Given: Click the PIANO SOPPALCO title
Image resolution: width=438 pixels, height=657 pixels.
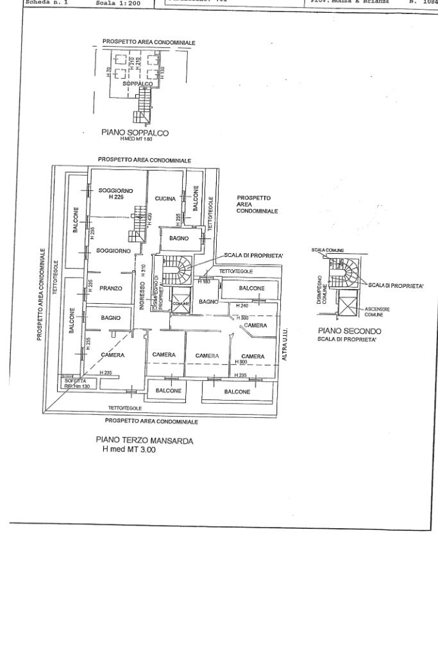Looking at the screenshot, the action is point(134,133).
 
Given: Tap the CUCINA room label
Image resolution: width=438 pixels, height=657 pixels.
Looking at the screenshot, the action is point(165,199).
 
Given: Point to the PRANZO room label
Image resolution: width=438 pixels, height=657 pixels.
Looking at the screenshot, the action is point(111,288).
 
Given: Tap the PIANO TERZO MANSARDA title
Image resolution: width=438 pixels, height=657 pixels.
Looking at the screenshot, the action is point(144,441).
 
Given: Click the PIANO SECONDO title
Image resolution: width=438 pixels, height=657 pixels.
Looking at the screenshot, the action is point(350,331).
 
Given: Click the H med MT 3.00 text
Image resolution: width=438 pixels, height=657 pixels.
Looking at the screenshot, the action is point(130,450).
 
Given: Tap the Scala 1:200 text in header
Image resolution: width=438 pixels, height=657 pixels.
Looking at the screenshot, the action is point(112,3).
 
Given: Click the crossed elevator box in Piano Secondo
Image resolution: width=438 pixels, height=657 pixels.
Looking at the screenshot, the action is point(348,303).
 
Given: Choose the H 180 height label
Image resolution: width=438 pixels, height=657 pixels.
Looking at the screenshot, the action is point(204,281).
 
